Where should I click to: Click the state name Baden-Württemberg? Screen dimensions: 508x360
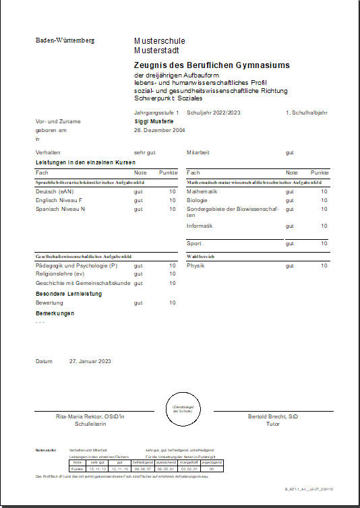click(65, 40)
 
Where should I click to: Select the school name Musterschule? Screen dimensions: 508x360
click(159, 40)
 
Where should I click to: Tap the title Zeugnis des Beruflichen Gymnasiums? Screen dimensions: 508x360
click(212, 65)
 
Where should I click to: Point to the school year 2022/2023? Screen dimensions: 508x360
click(222, 113)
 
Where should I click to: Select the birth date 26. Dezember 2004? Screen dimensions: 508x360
click(159, 130)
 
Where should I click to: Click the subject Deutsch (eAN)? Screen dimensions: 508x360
click(55, 191)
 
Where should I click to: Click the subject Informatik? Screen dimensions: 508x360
click(200, 226)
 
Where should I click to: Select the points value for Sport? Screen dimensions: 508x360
click(324, 243)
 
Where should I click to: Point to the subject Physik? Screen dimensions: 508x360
click(196, 265)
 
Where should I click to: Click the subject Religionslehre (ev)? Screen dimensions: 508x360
click(60, 274)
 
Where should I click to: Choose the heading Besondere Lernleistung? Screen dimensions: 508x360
click(69, 294)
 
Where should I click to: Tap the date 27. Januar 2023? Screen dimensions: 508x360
click(90, 362)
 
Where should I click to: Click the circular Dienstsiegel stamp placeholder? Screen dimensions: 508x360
click(184, 410)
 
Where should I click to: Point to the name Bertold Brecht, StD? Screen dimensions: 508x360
click(273, 417)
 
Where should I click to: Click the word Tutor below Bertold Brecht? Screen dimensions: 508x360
click(273, 425)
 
